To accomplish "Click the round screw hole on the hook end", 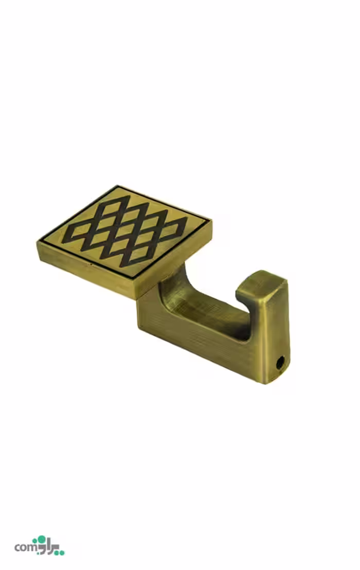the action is coord(280,363).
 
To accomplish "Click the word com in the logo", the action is coord(25,547).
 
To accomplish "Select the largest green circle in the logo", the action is coord(42,540).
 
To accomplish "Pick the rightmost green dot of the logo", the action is coord(62,553).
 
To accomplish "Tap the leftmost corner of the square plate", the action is coord(38,241).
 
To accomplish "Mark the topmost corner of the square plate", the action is coord(118,185).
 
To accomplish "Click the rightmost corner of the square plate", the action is coord(211,220).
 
